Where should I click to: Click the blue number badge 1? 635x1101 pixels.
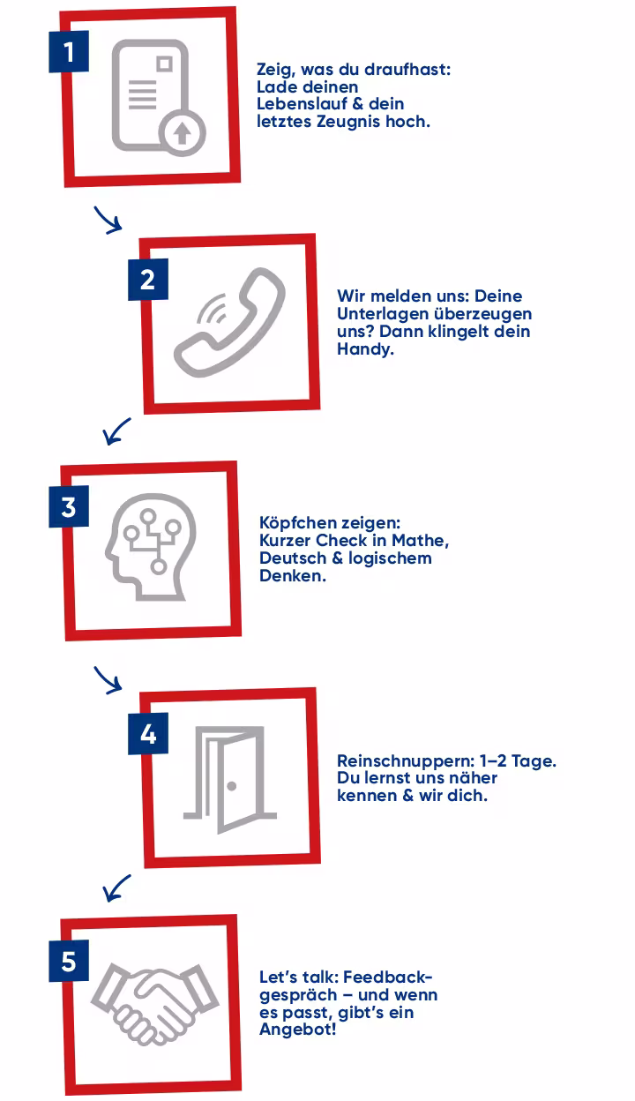[69, 51]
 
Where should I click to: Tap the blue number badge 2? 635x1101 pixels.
[148, 279]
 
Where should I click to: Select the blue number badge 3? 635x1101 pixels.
[69, 506]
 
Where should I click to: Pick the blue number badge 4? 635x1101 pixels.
[148, 733]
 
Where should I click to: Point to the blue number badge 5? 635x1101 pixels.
[69, 961]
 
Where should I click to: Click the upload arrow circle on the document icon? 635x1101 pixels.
[182, 132]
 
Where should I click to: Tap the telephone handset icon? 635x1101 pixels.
[229, 323]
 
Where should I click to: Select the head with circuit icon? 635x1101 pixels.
[151, 547]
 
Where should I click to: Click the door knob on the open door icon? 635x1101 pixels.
[232, 786]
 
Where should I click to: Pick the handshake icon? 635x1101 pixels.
[154, 1004]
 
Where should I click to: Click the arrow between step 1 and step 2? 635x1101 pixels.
[108, 220]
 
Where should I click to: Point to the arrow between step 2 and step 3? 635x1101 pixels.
[116, 431]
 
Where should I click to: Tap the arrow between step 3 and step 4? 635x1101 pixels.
[108, 680]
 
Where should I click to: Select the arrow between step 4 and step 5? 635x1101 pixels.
[116, 888]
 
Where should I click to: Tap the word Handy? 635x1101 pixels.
[365, 349]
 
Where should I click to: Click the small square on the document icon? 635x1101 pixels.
[165, 64]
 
